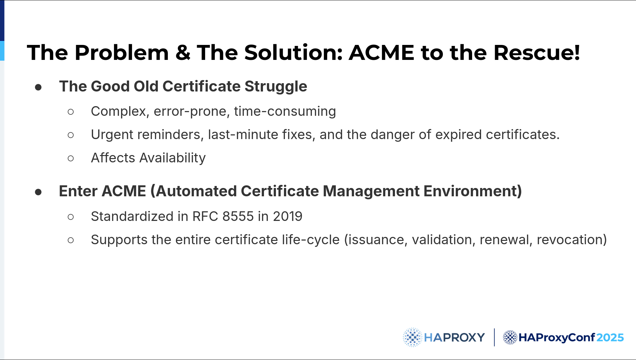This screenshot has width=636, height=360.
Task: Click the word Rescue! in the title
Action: point(537,53)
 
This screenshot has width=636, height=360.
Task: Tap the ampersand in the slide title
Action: point(183,53)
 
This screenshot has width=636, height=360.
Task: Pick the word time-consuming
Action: point(285,112)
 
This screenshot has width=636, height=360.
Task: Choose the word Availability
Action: point(173,158)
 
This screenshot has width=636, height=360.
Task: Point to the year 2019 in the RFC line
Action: point(288,217)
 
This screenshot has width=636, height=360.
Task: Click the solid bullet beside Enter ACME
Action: point(38,192)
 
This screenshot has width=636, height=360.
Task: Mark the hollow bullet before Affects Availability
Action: point(70,158)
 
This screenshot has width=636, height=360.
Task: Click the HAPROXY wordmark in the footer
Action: point(454,338)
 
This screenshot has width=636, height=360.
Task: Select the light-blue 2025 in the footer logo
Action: point(610,338)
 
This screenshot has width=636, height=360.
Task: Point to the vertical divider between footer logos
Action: point(494,337)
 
